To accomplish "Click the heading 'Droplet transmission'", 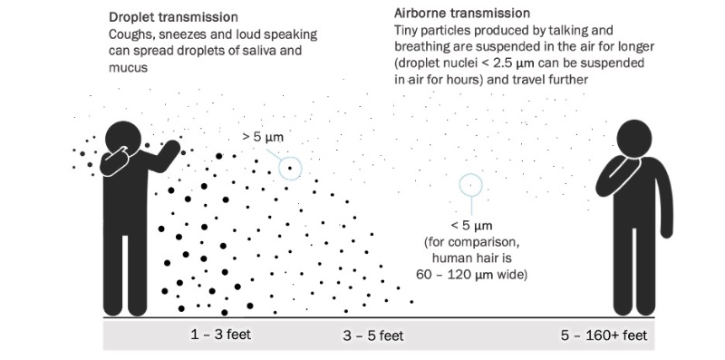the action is (173, 17).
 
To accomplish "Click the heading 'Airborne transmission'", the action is (462, 14).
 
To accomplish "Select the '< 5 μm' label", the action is (471, 225).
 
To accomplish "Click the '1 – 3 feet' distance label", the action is (221, 335).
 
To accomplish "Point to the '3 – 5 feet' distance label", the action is (373, 336).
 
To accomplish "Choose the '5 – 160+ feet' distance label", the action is (604, 336).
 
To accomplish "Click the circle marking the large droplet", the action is (290, 167).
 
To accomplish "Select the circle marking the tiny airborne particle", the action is (470, 186).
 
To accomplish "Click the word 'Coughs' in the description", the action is (130, 34).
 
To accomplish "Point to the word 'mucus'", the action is (129, 66).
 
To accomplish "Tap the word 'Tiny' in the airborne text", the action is (409, 31).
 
